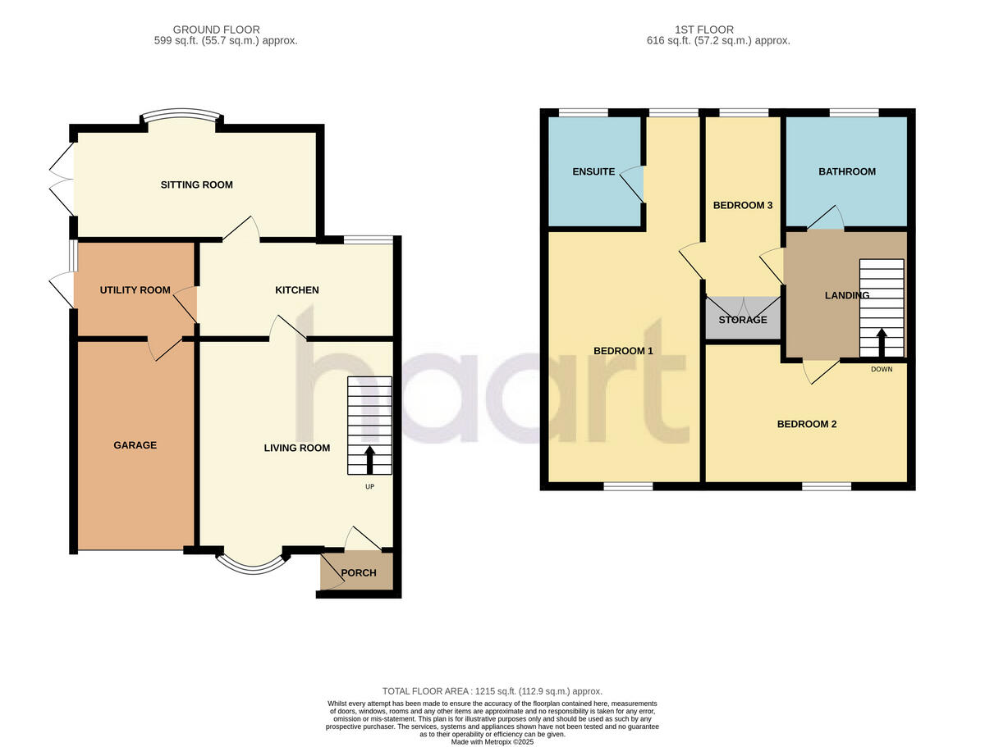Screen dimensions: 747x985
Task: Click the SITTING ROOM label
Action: point(196,184)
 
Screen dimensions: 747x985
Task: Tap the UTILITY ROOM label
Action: point(135,290)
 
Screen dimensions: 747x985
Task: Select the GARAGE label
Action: point(135,445)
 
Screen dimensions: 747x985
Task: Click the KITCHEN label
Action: point(296,290)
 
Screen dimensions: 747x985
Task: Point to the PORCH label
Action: point(359,573)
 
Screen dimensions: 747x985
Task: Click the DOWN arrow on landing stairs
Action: point(882,344)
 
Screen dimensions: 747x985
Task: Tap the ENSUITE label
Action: point(593,172)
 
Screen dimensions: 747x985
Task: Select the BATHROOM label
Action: point(846,172)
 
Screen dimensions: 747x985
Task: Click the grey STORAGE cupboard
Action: point(742,319)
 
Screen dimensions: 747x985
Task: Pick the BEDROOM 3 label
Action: point(743,205)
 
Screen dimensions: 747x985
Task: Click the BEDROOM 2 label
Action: point(806,424)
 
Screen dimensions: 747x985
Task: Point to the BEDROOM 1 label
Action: point(622,351)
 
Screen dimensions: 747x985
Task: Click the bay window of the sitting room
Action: point(181,116)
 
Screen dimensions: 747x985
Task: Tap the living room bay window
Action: point(253,563)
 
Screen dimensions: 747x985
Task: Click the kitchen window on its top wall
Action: point(368,239)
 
